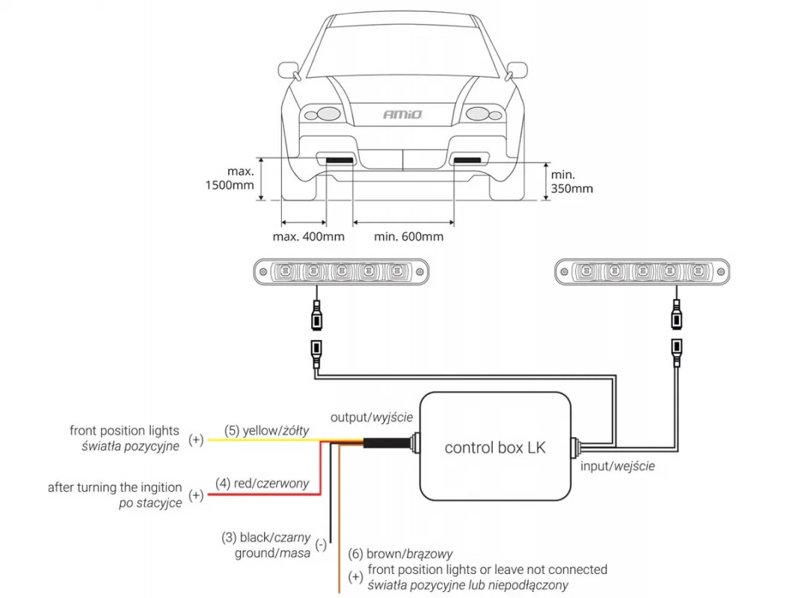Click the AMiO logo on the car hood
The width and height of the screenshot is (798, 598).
click(402, 114)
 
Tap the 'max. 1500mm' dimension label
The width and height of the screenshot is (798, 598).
click(230, 178)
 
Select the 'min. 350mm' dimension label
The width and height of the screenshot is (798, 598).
click(572, 182)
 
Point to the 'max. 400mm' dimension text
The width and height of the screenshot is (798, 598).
click(308, 236)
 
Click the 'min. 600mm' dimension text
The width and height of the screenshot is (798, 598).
click(408, 236)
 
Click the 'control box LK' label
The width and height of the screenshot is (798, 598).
click(495, 448)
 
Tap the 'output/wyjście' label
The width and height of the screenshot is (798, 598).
click(372, 418)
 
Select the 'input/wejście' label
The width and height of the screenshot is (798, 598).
click(617, 466)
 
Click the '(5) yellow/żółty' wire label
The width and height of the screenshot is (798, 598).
click(267, 431)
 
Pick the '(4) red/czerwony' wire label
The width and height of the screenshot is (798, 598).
click(262, 483)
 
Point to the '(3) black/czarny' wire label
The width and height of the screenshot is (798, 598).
click(266, 537)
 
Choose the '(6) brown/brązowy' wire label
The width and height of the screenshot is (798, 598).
click(401, 554)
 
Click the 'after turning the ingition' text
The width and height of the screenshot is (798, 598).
click(114, 487)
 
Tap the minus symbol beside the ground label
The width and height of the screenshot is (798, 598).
click(321, 545)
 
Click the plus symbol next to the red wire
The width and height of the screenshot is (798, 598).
click(196, 495)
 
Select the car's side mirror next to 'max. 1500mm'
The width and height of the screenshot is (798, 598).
click(289, 71)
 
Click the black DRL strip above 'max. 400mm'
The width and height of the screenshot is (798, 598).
click(340, 161)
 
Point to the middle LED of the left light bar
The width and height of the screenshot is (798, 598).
click(341, 271)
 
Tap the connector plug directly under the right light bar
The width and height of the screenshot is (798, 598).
click(676, 315)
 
